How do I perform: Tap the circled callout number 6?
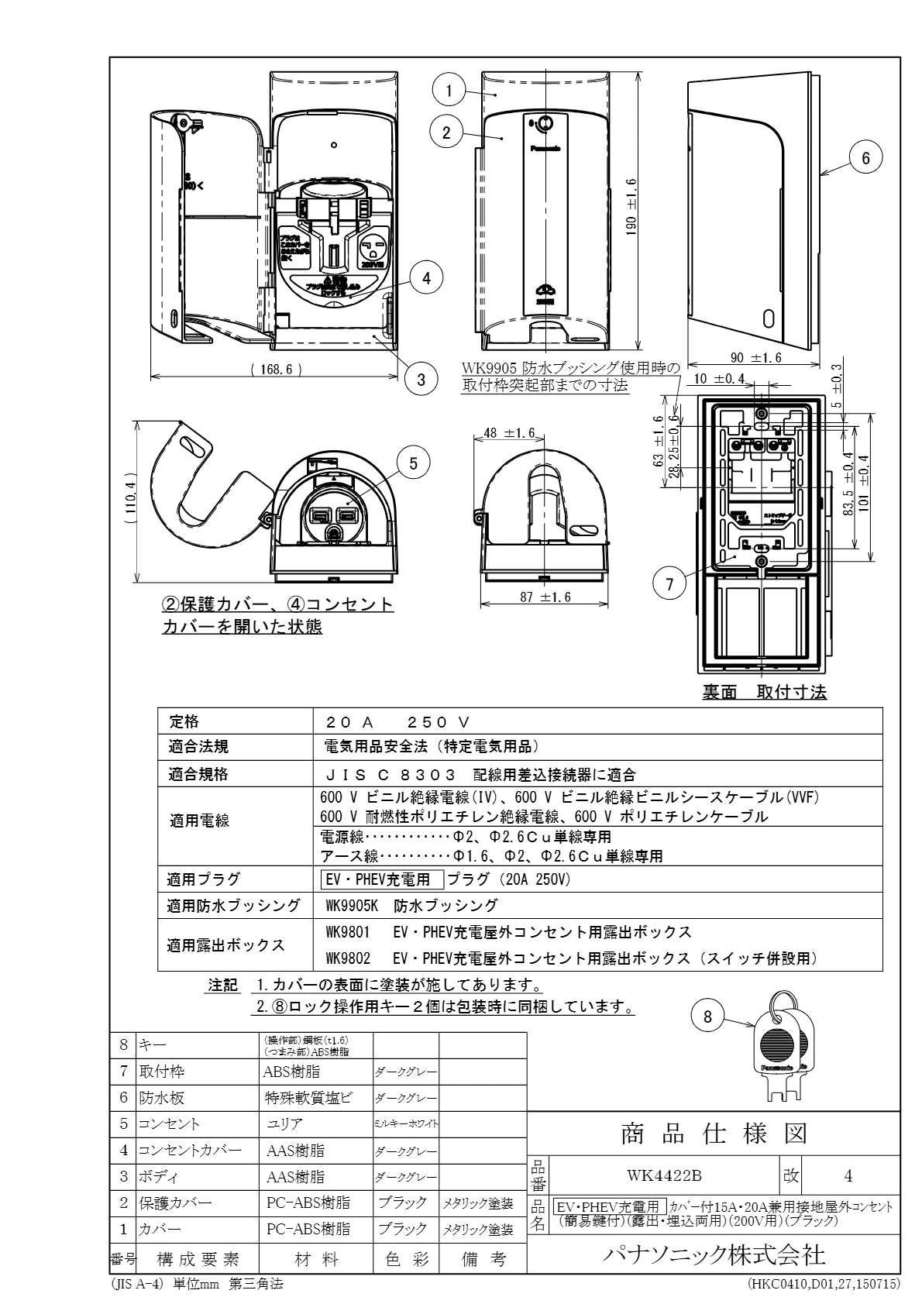865,158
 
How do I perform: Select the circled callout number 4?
427,277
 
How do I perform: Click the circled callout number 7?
669,585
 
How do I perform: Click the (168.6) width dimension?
276,370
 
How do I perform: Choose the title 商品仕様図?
713,1134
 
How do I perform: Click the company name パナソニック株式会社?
713,1254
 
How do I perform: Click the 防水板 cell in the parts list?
162,1098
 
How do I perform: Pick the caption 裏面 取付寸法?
764,693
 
